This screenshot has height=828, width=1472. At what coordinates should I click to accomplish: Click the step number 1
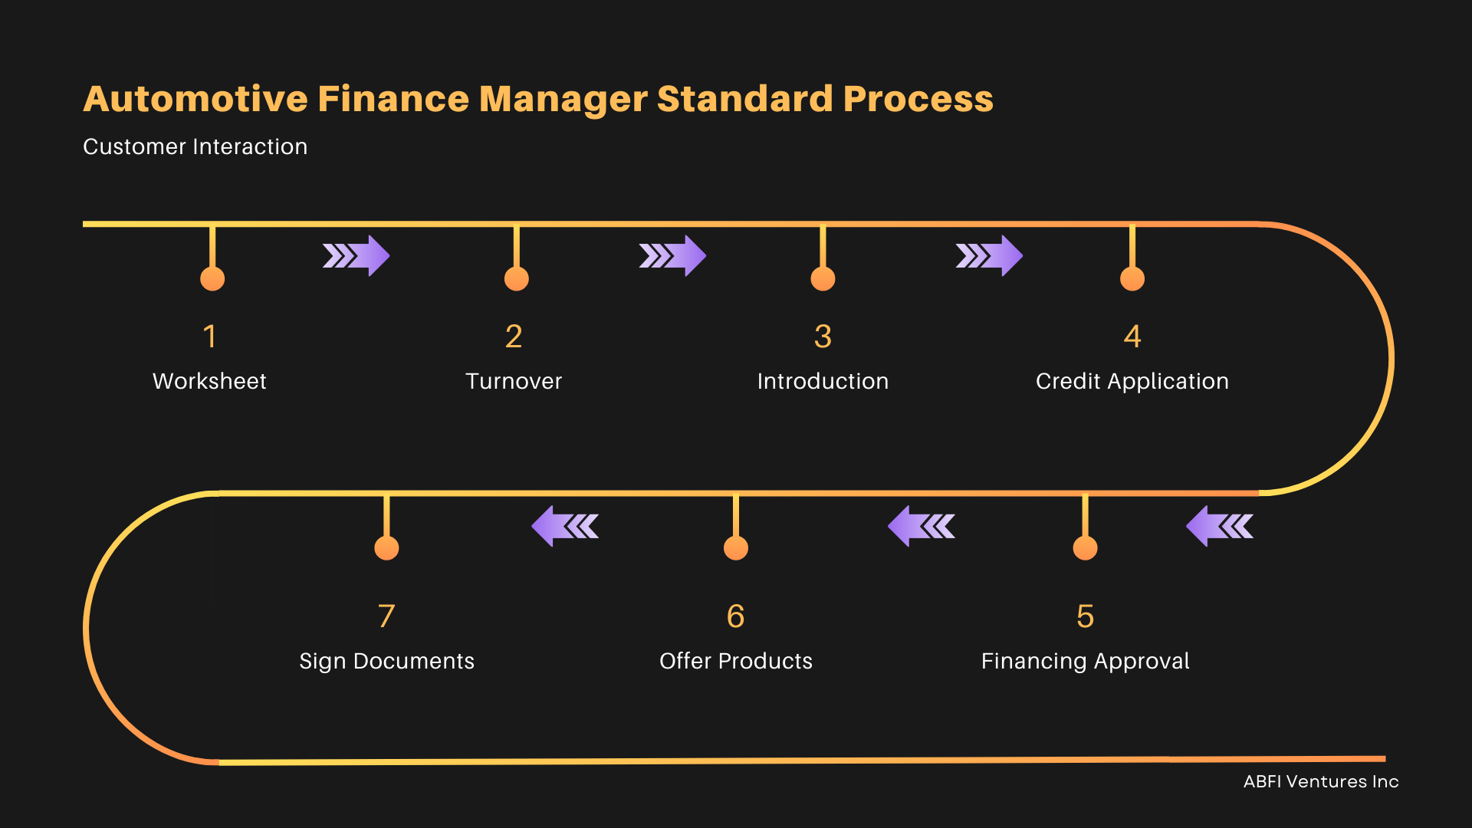click(x=210, y=337)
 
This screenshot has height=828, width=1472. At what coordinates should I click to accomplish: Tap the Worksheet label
click(x=209, y=381)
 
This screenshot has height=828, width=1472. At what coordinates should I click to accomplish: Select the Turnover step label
click(x=514, y=381)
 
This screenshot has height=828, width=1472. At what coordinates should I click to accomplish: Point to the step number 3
click(x=823, y=337)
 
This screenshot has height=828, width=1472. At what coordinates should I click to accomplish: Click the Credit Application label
click(x=1132, y=381)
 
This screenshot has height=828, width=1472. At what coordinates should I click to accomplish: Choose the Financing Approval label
click(x=1085, y=661)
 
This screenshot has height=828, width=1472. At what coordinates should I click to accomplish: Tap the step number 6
click(x=735, y=616)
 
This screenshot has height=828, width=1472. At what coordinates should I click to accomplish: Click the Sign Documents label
click(x=386, y=661)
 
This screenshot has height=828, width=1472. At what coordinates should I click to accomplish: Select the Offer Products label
click(x=735, y=661)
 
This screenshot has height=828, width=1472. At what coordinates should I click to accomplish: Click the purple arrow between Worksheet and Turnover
click(x=356, y=255)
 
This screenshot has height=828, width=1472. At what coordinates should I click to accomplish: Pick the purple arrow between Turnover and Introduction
click(x=672, y=255)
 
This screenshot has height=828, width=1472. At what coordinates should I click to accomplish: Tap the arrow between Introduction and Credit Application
click(x=989, y=255)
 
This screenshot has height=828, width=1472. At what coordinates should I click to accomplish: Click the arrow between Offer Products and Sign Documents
click(x=565, y=526)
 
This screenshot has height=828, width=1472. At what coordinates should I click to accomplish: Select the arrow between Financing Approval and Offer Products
click(x=922, y=526)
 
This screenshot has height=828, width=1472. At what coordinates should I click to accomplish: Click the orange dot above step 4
click(x=1132, y=278)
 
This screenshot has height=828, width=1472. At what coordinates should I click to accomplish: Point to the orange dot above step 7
click(x=386, y=548)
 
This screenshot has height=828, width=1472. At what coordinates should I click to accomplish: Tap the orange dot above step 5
click(x=1085, y=548)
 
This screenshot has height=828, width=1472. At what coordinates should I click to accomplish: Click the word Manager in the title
click(x=563, y=100)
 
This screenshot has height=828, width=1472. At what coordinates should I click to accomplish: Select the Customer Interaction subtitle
click(x=195, y=146)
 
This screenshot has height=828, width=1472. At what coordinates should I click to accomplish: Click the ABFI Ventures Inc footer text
click(x=1320, y=781)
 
